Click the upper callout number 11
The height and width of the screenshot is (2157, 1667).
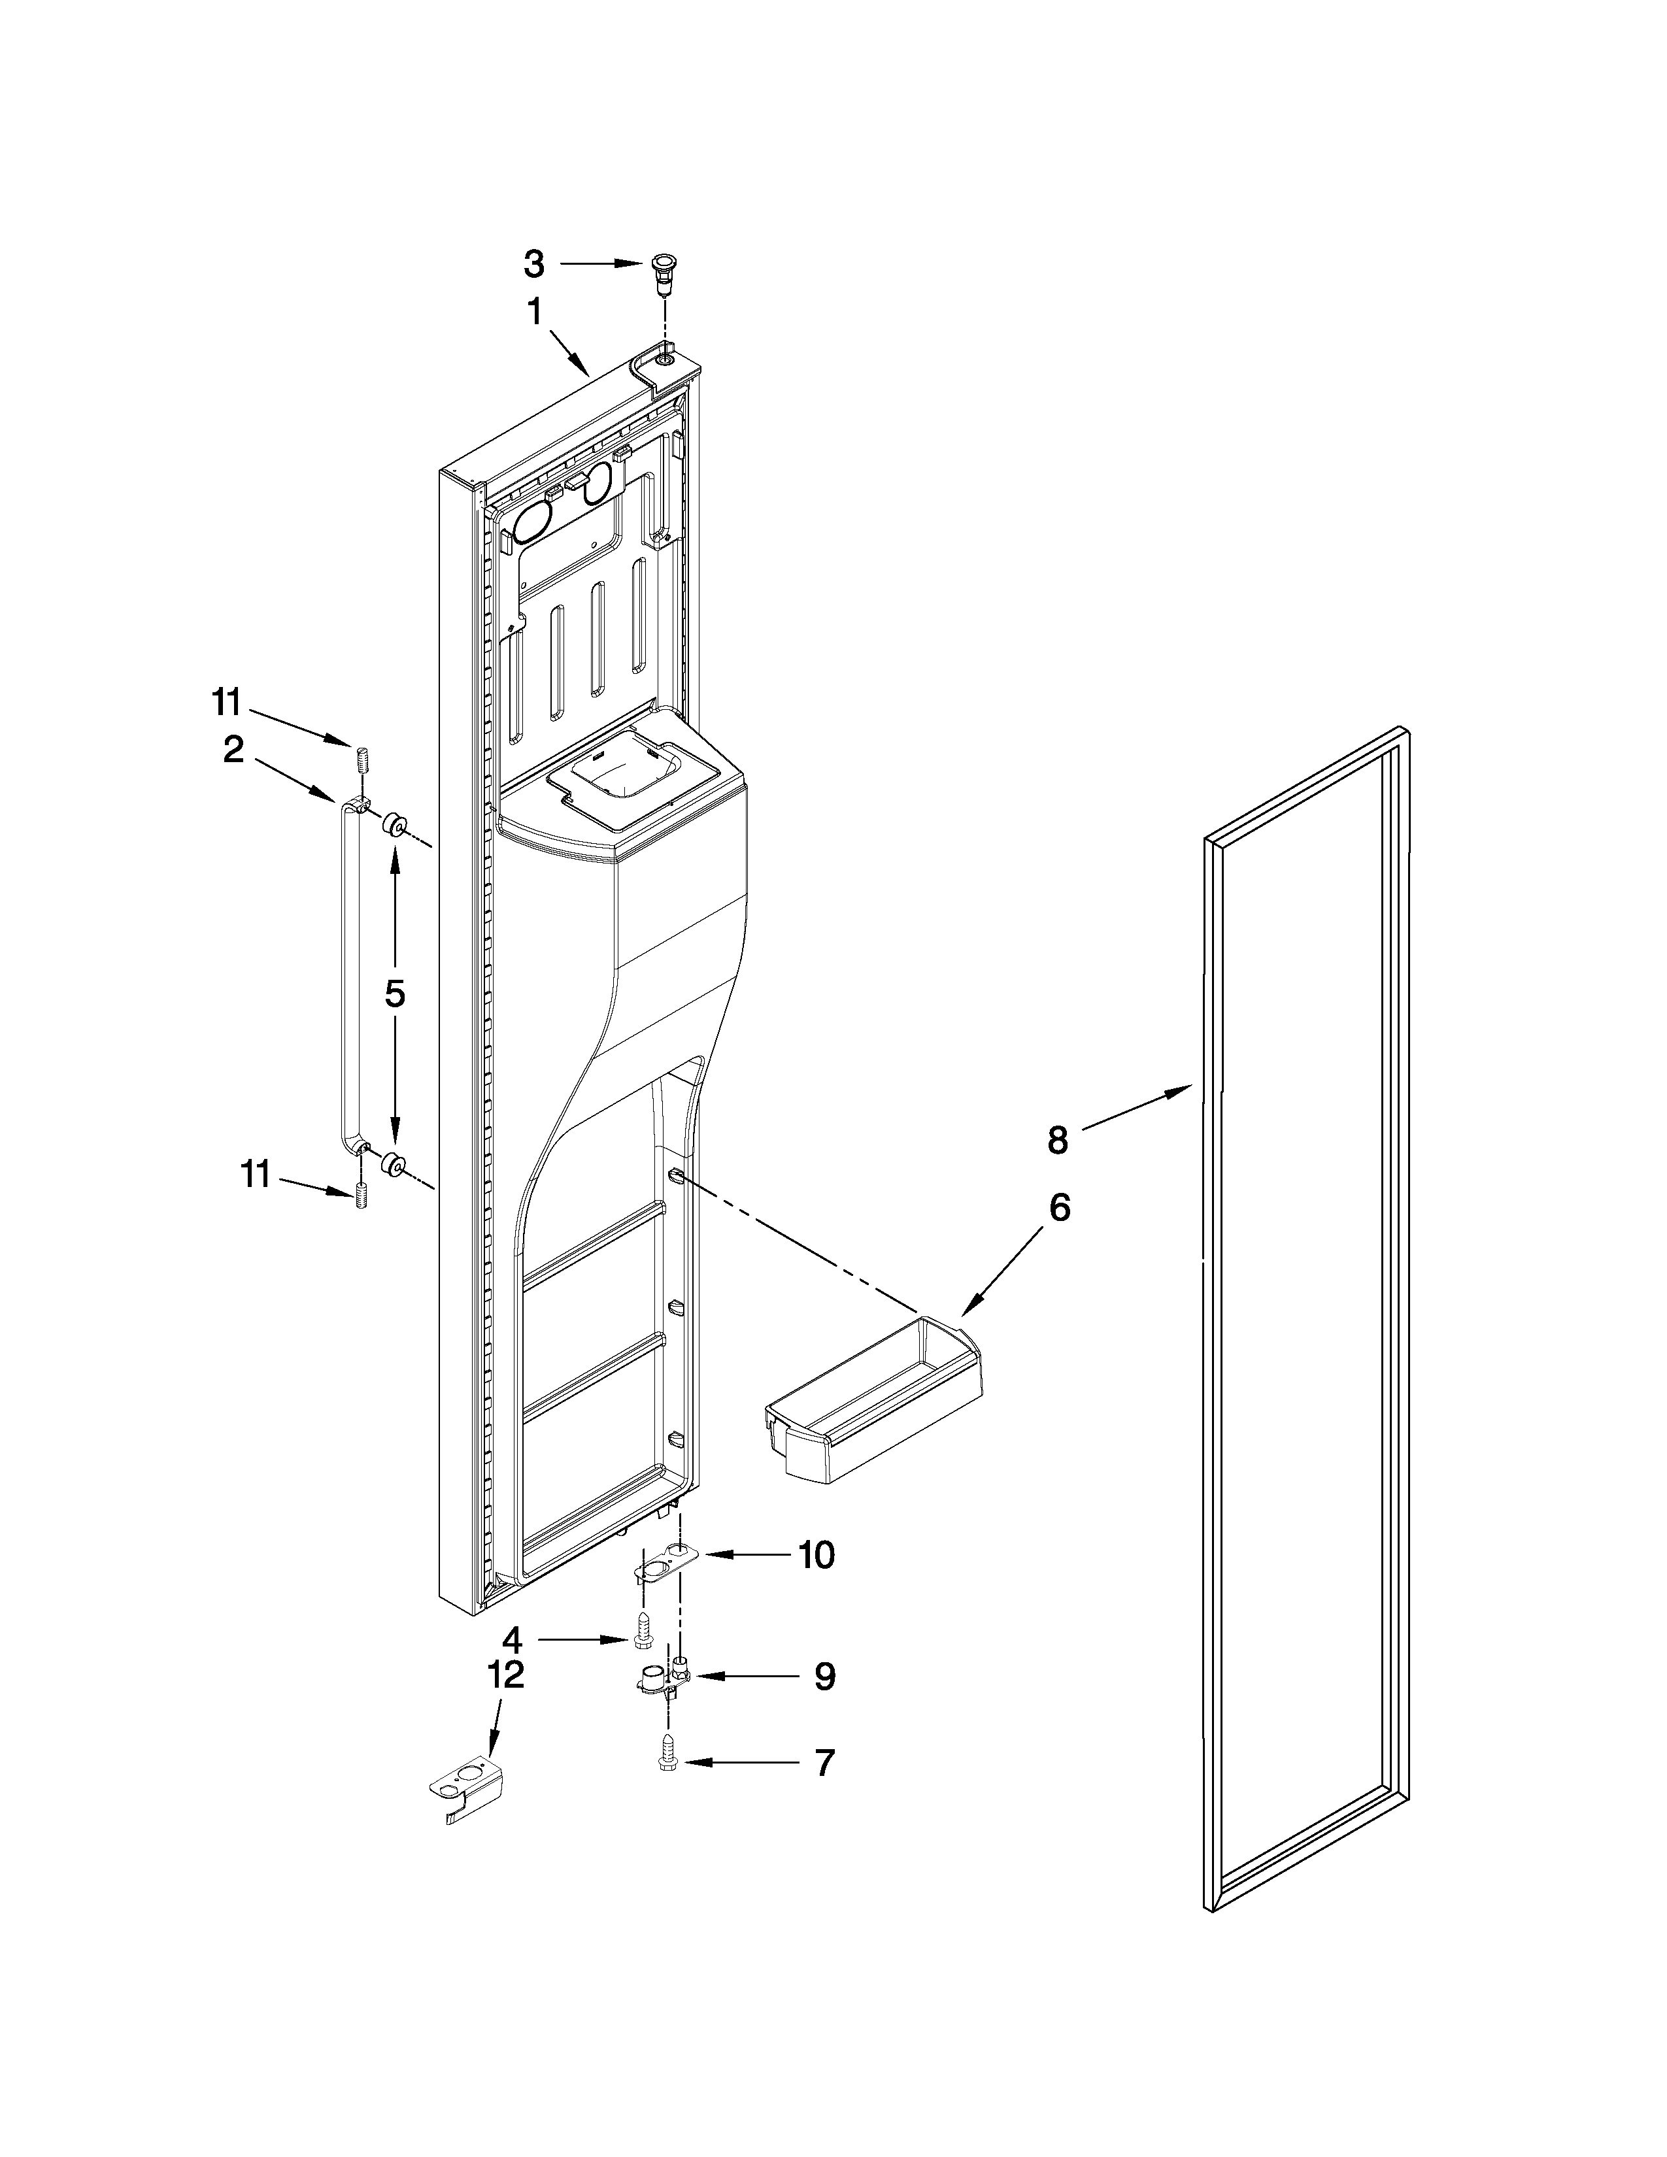point(226,703)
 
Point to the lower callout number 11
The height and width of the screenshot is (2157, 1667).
point(256,1175)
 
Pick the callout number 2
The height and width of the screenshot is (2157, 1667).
point(233,750)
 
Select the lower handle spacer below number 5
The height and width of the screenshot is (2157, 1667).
point(395,1163)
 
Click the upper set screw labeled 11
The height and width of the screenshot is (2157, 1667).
point(360,762)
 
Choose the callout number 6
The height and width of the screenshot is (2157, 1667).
point(1058,1209)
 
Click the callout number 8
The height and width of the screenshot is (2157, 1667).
point(1058,1141)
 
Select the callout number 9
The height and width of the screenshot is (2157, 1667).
point(824,1677)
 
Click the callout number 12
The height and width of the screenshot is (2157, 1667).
point(505,1675)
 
